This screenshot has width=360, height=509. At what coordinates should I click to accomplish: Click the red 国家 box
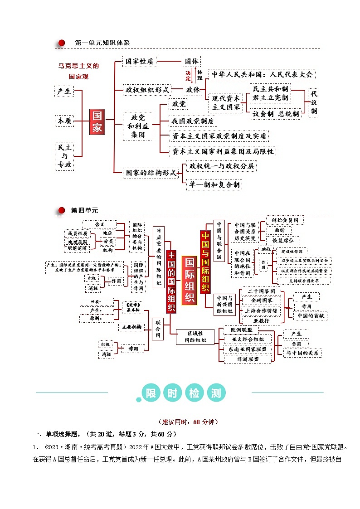[97, 121]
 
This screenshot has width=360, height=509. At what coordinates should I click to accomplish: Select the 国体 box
[191, 61]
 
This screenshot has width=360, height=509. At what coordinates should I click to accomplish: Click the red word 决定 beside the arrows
[188, 75]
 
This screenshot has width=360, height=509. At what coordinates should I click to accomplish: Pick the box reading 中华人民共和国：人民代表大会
[261, 74]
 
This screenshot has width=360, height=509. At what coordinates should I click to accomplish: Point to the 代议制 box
[314, 102]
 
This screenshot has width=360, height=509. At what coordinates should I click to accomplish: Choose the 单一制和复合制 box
[214, 184]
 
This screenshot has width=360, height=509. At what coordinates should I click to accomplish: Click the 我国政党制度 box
[192, 121]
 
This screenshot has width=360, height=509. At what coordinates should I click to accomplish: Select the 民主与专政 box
[65, 156]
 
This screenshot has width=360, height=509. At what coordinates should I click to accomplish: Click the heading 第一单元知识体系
[102, 43]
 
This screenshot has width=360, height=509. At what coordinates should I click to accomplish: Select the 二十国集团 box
[261, 291]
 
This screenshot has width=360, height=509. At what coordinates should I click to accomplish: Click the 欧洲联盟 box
[248, 330]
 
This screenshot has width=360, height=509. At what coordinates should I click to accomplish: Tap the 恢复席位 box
[282, 240]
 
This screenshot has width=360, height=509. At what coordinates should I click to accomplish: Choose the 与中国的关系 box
[302, 353]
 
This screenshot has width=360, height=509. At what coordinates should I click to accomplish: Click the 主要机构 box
[131, 326]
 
